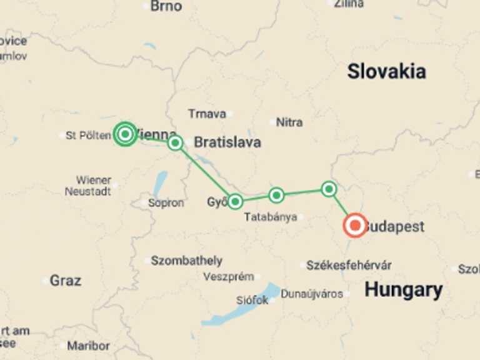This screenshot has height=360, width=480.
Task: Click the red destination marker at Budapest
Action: click(355, 225)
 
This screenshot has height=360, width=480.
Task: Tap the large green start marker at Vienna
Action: click(125, 134)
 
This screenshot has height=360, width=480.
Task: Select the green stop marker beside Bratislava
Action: click(176, 142)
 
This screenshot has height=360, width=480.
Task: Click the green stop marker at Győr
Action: click(235, 201)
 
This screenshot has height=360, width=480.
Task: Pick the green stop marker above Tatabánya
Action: click(276, 196)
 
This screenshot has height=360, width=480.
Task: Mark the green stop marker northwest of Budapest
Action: click(329, 189)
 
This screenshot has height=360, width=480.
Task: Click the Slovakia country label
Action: click(386, 71)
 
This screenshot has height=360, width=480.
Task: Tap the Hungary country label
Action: click(403, 290)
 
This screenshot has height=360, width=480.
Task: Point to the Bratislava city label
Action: click(227, 142)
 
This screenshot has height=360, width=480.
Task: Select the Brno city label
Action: click(166, 6)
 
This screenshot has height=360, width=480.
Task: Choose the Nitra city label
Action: click(289, 122)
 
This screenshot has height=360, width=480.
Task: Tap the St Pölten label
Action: click(88, 135)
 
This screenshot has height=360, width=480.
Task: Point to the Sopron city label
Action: click(166, 203)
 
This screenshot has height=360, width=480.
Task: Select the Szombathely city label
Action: click(186, 261)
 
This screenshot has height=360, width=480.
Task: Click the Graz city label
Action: click(65, 281)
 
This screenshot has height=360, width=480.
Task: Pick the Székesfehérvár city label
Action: click(349, 266)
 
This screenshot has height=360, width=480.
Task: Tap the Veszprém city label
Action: click(228, 276)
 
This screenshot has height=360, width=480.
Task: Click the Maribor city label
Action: click(88, 346)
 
